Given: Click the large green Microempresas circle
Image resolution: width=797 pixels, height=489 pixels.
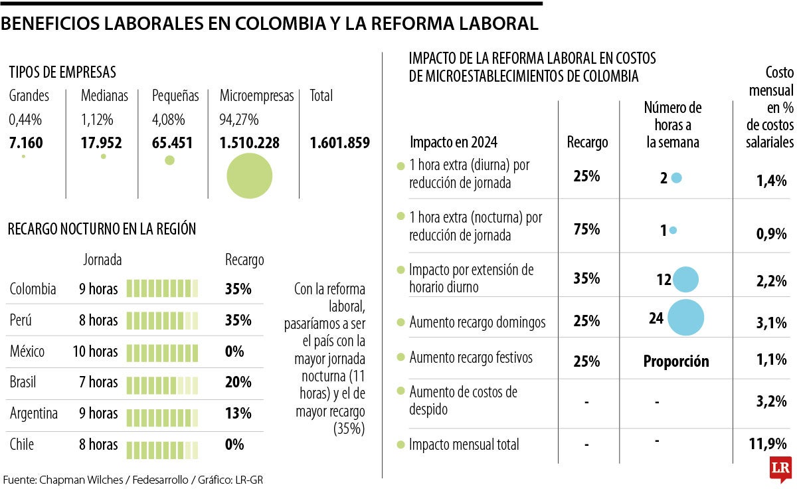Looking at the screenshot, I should click(250, 175).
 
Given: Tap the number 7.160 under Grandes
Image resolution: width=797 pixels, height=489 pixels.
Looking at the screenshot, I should click(27, 143).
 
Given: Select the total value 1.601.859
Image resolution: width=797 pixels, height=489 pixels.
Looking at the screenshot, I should click(339, 143).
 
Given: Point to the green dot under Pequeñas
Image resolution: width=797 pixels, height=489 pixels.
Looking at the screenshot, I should click(169, 160).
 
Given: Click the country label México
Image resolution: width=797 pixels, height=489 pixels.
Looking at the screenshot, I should click(27, 351).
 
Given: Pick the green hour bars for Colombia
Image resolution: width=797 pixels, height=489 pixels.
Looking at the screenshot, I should click(163, 289).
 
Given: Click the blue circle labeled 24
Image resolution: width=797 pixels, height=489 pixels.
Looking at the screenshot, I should click(685, 318).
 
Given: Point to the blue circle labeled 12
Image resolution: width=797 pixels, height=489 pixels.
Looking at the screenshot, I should click(685, 280).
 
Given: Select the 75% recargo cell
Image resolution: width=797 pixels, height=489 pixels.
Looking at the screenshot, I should click(586, 229).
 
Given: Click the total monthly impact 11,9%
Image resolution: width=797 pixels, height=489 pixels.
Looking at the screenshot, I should click(770, 444).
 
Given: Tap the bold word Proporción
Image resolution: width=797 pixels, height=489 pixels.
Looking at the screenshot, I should click(675, 361).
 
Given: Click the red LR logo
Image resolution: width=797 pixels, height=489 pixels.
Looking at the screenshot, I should click(780, 468).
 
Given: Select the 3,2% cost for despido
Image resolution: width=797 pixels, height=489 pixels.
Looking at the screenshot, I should click(771, 400).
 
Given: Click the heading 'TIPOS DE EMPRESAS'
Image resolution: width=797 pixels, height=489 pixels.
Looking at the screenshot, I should click(62, 72).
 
